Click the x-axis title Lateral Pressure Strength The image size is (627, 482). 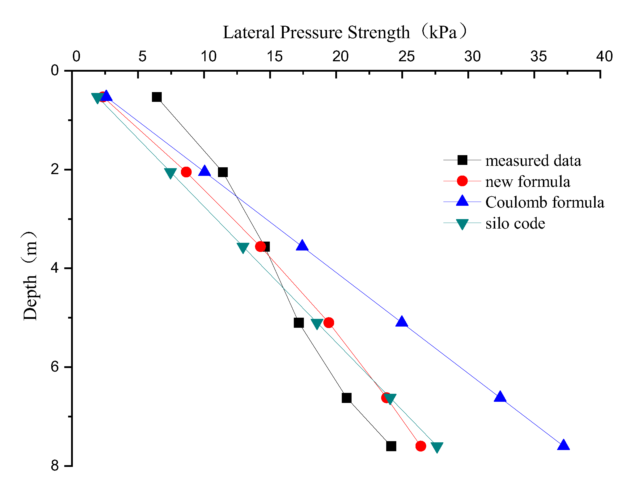point(316,32)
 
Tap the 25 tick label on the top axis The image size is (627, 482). point(406,57)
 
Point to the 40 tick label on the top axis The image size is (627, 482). point(604,57)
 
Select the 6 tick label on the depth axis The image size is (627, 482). point(55,367)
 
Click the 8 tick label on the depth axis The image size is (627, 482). point(55,466)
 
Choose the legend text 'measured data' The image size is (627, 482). point(533,161)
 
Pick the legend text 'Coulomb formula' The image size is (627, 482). point(544,203)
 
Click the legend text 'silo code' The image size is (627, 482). point(515,224)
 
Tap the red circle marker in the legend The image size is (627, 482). point(462,181)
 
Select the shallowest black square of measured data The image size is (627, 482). point(157,97)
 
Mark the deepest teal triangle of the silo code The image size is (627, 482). point(437,448)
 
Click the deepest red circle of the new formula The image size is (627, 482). point(421,446)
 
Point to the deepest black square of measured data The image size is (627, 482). point(391,446)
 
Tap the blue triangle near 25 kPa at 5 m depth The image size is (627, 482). point(402,321)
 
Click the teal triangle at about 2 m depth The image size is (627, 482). point(171,173)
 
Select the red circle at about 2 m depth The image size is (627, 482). point(186,172)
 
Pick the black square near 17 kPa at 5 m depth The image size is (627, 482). point(299,323)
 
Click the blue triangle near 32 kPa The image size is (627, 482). point(500,396)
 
